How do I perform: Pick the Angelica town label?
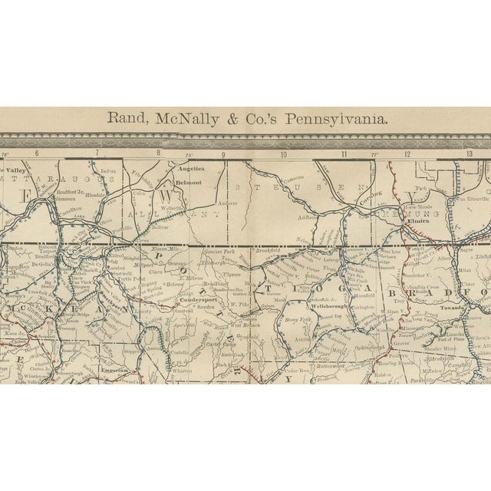pos(191,168)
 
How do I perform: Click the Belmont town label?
pos(189,183)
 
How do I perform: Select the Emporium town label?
pos(113,370)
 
